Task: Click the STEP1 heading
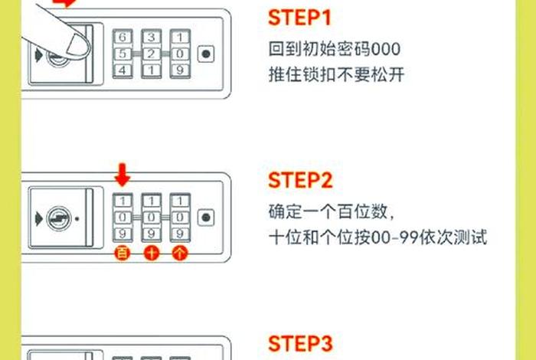click(x=299, y=18)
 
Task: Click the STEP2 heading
click(x=299, y=181)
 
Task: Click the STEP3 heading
click(x=299, y=342)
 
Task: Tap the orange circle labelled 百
click(x=122, y=254)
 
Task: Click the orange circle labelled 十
click(x=151, y=254)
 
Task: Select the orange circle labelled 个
click(x=179, y=254)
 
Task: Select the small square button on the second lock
click(x=205, y=218)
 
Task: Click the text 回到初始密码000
click(x=335, y=51)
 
